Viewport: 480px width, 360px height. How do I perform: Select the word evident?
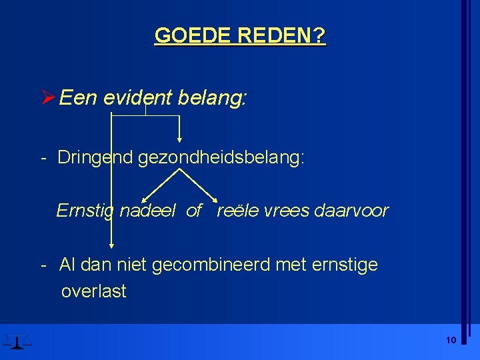[135, 99]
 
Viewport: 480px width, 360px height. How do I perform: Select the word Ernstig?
[85, 211]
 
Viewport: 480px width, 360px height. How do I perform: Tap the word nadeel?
[147, 211]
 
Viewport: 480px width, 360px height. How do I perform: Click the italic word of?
[194, 211]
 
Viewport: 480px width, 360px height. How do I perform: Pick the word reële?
[237, 211]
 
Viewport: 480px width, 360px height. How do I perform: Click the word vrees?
[287, 211]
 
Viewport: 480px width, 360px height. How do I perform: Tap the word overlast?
[93, 291]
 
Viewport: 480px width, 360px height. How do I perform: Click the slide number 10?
[451, 341]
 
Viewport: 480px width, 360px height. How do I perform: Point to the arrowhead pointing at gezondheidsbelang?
[179, 140]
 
